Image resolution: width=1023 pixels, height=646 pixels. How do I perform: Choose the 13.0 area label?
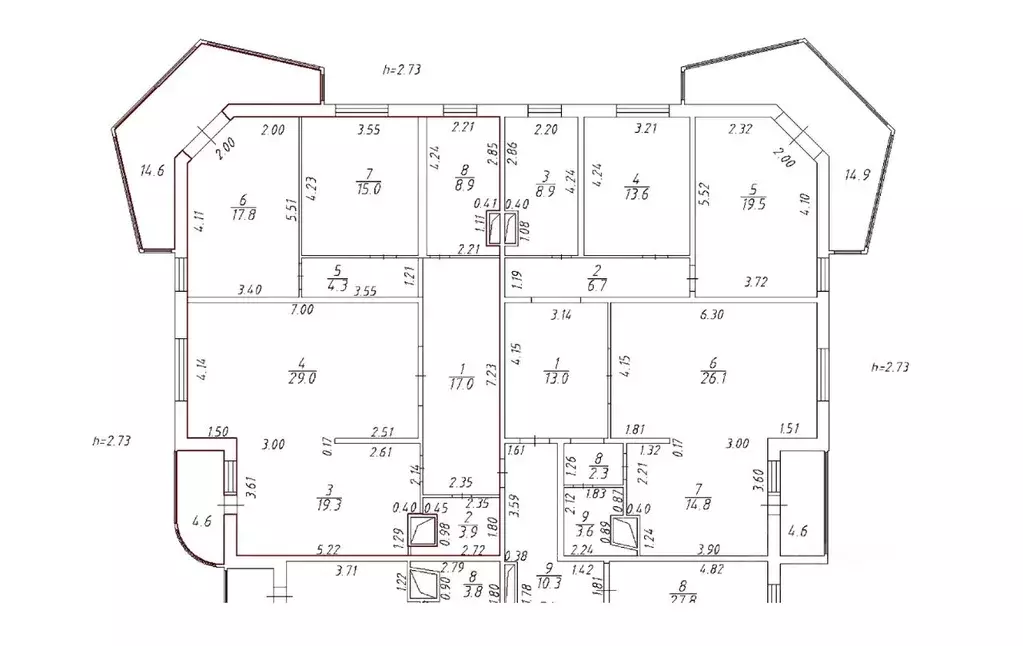click(x=556, y=379)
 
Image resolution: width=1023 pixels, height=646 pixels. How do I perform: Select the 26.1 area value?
click(x=711, y=379)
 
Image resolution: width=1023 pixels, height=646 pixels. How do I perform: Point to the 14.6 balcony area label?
click(x=152, y=171)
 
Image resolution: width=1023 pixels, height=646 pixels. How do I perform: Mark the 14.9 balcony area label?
click(x=857, y=174)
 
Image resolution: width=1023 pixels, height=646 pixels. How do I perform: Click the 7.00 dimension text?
click(x=302, y=311)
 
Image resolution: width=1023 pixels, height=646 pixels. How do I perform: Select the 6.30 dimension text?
click(x=711, y=313)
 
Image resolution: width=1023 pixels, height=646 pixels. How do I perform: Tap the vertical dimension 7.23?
click(x=491, y=375)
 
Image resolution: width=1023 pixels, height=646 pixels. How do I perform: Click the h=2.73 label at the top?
click(x=402, y=70)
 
